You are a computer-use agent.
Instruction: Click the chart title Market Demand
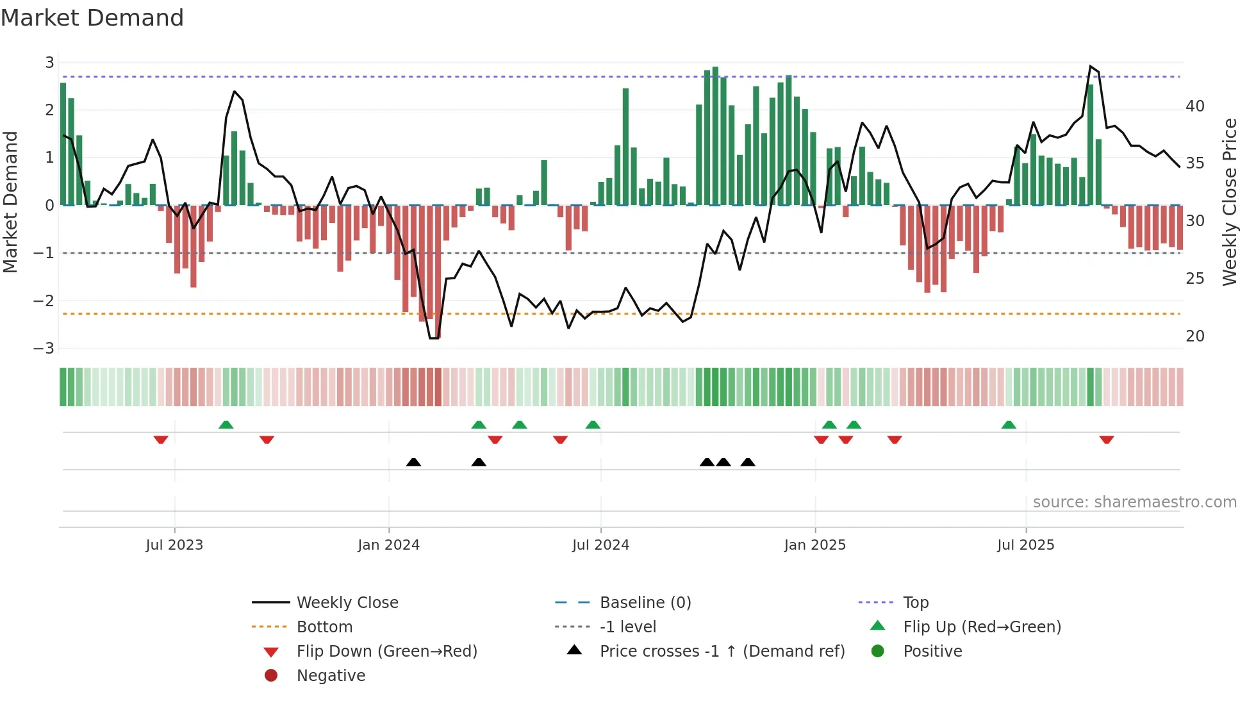92,18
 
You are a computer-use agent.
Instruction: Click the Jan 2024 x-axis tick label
388,545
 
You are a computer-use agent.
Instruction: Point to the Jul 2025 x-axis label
1025,545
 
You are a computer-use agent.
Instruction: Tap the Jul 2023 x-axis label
174,545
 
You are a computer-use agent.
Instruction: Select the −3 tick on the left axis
44,349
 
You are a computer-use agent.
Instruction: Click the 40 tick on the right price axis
1194,106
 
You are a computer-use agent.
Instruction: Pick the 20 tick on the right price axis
1194,336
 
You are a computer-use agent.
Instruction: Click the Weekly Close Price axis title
1229,202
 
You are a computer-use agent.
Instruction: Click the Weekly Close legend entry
347,603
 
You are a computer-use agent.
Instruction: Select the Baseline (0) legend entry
645,603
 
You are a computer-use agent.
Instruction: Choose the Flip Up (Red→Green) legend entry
982,627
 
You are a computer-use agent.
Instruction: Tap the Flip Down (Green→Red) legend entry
386,652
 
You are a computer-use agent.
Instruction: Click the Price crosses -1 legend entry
722,652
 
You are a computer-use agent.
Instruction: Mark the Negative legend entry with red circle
331,676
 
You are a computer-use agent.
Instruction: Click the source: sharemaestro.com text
1134,502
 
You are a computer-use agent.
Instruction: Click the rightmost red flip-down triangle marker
1106,439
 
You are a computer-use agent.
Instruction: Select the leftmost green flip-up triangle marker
226,425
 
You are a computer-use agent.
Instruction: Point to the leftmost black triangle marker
413,462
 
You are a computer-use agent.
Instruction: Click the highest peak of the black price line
1090,67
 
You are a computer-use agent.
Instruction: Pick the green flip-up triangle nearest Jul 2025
1009,425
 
